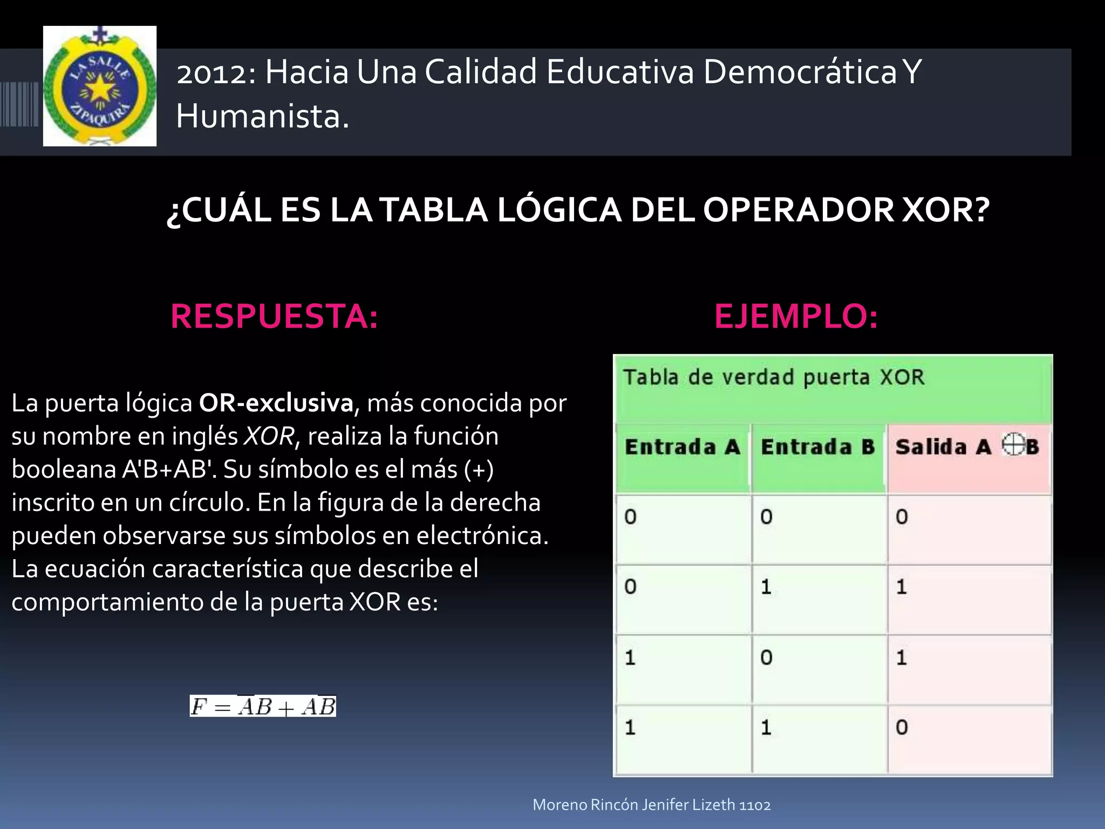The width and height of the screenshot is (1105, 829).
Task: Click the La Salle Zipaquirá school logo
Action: pyautogui.click(x=100, y=86)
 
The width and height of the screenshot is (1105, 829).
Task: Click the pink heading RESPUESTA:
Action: pyautogui.click(x=274, y=316)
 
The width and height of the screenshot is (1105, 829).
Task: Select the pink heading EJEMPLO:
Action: pyautogui.click(x=796, y=316)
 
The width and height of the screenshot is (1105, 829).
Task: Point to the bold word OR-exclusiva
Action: pyautogui.click(x=276, y=403)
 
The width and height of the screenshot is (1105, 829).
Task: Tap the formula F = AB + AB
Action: pyautogui.click(x=263, y=706)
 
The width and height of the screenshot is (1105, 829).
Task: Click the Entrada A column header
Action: pyautogui.click(x=682, y=447)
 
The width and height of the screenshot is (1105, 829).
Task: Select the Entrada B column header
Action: pyautogui.click(x=817, y=447)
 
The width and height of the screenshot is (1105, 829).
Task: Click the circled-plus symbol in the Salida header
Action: pyautogui.click(x=1013, y=445)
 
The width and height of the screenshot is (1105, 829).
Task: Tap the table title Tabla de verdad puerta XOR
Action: pyautogui.click(x=774, y=377)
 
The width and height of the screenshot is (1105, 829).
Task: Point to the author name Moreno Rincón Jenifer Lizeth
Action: pyautogui.click(x=633, y=805)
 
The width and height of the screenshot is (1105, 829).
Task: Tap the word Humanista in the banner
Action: pyautogui.click(x=262, y=117)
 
